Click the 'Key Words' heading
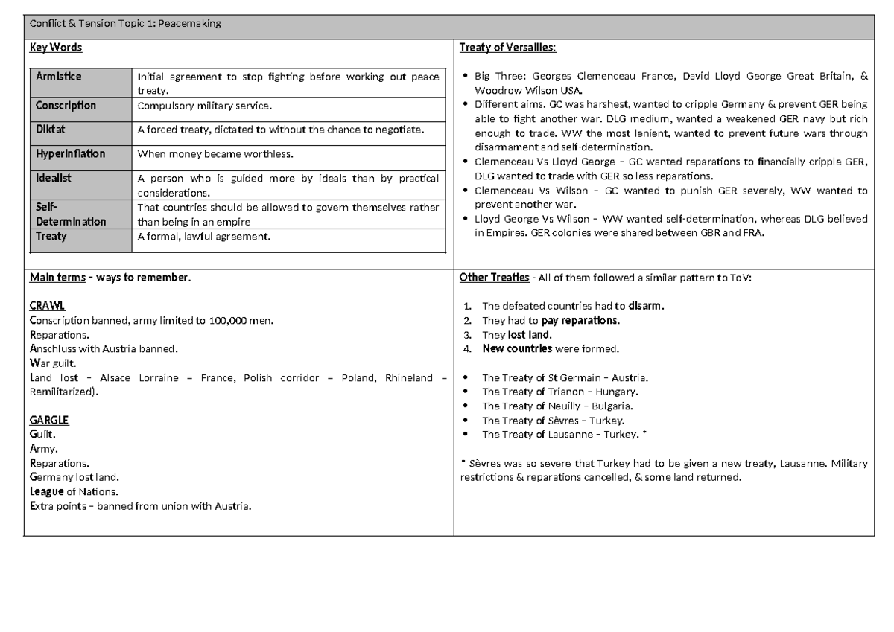point(55,48)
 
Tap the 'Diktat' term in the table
point(51,129)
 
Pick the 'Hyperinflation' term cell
point(70,154)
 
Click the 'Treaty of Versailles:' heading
point(508,48)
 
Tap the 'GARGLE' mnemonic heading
point(49,419)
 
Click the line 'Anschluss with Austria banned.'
point(104,348)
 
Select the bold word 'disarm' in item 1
point(644,306)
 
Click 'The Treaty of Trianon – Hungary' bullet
point(559,392)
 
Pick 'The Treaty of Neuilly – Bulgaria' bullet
point(557,406)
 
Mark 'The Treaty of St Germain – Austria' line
point(565,377)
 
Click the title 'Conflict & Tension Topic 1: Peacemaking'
point(125,25)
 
